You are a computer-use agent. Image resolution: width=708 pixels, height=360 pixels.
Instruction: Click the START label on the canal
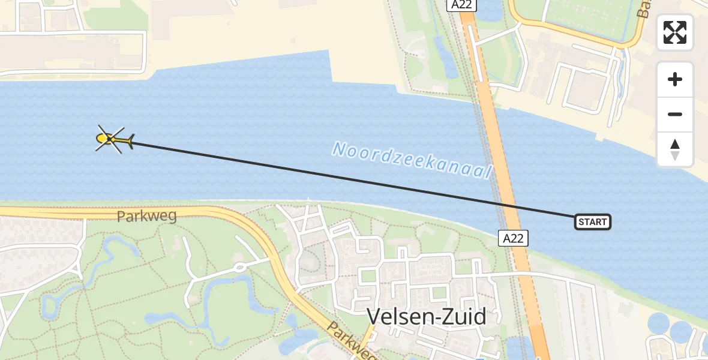pyautogui.click(x=593, y=222)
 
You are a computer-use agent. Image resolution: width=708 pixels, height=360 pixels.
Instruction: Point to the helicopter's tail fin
pyautogui.click(x=130, y=141)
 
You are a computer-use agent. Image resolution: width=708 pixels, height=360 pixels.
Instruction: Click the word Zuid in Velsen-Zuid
pyautogui.click(x=465, y=316)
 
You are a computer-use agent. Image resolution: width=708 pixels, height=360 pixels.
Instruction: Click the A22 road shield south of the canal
pyautogui.click(x=513, y=238)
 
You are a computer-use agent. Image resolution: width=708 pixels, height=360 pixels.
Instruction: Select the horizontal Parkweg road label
pyautogui.click(x=147, y=216)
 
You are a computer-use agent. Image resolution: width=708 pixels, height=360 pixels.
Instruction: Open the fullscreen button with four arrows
pyautogui.click(x=675, y=32)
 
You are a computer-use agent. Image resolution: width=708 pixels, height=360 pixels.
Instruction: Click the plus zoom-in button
pyautogui.click(x=675, y=79)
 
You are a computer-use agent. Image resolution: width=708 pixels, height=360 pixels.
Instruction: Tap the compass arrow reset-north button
pyautogui.click(x=675, y=149)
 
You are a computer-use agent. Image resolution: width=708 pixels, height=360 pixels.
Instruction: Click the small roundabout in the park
pyautogui.click(x=239, y=266)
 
